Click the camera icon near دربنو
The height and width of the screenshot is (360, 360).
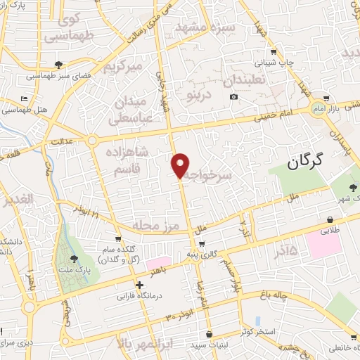233,96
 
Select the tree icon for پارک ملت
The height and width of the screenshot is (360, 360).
74,259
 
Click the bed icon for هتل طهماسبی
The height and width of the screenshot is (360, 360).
25,98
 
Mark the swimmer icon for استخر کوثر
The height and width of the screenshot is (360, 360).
259,320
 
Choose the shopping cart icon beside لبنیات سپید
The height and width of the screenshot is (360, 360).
208,334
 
